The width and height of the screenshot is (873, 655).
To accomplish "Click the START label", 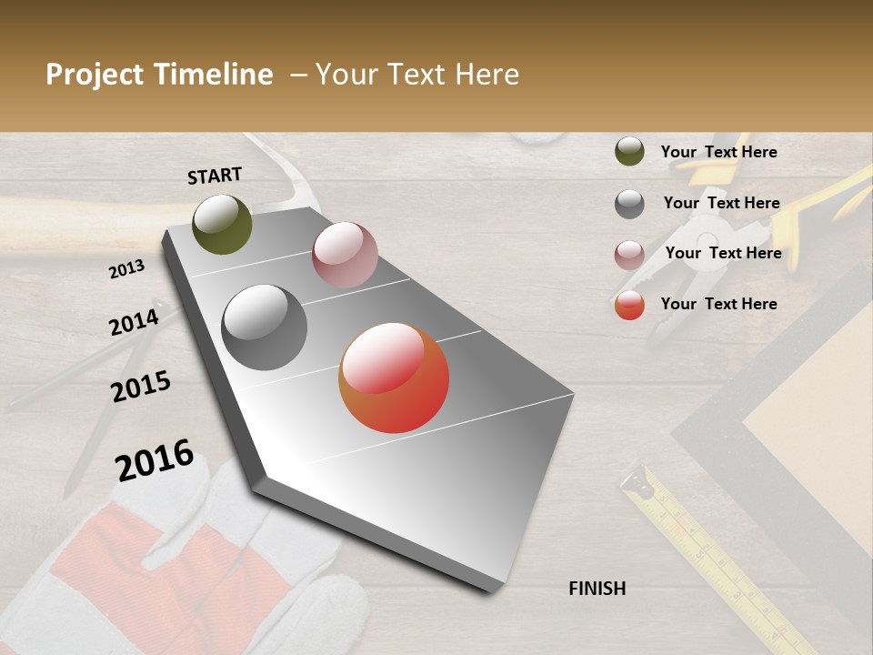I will (x=215, y=176).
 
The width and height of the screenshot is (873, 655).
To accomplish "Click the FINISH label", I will (x=597, y=589).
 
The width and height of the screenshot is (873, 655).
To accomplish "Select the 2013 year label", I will (x=126, y=268).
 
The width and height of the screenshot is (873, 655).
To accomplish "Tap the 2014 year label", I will (x=134, y=322).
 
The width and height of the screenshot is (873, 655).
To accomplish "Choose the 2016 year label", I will (x=155, y=459).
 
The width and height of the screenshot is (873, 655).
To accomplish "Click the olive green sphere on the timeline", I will (x=222, y=224).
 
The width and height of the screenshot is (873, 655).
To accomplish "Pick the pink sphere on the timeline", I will (x=345, y=255).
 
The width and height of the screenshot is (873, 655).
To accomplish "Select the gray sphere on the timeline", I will (x=265, y=327).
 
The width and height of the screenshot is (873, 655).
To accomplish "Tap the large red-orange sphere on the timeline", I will (x=394, y=378).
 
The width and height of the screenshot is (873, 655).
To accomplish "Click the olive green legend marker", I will (x=629, y=152).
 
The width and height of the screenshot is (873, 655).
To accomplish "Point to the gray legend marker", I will (x=629, y=204).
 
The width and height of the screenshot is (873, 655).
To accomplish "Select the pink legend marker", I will (x=629, y=255).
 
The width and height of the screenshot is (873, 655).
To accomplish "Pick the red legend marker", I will (x=629, y=306).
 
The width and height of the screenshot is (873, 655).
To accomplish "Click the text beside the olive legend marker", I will (x=718, y=152).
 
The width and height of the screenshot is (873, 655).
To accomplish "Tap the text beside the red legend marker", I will (x=718, y=304).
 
